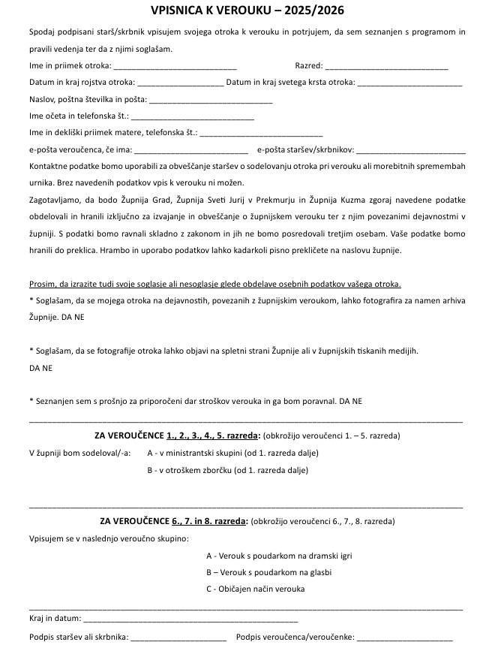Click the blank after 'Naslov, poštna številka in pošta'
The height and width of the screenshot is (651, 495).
211,100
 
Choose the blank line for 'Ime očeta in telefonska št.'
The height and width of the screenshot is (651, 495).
193,116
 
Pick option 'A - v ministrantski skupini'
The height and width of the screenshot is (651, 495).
232,453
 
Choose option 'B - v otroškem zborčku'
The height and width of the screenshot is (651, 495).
227,471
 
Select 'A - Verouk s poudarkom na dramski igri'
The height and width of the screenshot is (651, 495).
279,556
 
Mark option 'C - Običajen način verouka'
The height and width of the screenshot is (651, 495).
255,589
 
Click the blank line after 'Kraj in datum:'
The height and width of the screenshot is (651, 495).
190,621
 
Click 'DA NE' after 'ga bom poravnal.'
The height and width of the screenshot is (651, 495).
351,402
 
